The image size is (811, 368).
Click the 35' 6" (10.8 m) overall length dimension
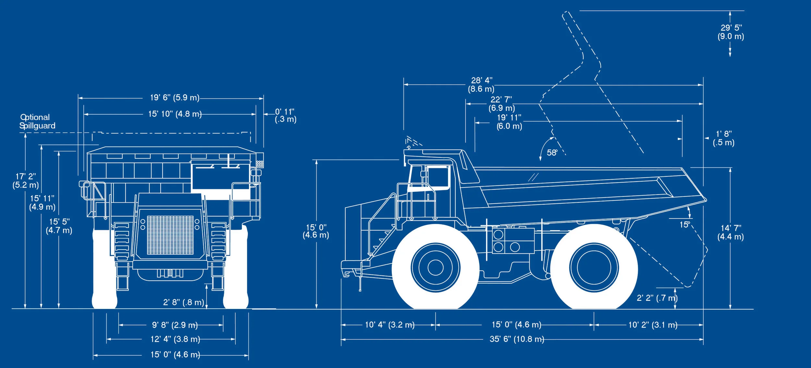click(x=517, y=339)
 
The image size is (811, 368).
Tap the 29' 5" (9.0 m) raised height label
click(x=731, y=32)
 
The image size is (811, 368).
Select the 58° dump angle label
click(x=552, y=152)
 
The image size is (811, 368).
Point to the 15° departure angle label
click(x=684, y=224)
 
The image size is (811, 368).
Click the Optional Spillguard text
click(x=37, y=121)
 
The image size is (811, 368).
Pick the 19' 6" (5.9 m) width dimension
click(x=175, y=97)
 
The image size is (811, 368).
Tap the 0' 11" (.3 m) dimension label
click(x=285, y=115)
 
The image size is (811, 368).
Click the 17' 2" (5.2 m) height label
click(x=26, y=181)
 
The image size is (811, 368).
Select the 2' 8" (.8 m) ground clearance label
click(x=184, y=302)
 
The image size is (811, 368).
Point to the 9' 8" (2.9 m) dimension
click(x=175, y=325)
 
